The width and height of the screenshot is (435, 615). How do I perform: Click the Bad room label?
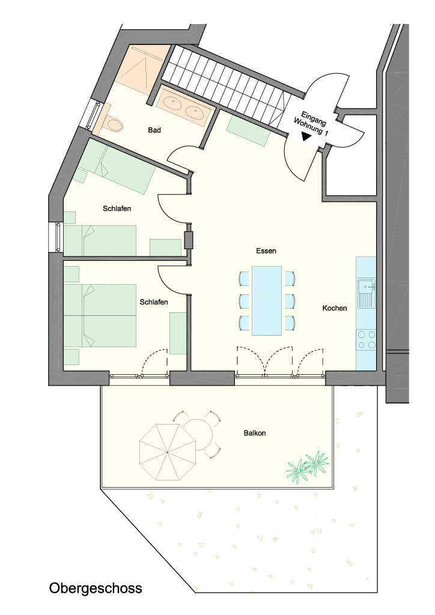(154, 130)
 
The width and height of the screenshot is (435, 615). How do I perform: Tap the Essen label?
(266, 250)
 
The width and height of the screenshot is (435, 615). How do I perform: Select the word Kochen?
(335, 308)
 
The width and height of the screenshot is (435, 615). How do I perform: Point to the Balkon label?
(255, 433)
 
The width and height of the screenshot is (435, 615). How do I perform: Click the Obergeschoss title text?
(96, 589)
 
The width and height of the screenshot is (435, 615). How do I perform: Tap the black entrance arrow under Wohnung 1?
(306, 136)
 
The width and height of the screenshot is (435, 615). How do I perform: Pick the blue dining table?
(267, 301)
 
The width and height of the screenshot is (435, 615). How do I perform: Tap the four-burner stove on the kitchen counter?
(365, 340)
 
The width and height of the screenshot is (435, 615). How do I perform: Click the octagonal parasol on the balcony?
(168, 452)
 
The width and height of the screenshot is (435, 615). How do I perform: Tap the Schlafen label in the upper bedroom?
(117, 208)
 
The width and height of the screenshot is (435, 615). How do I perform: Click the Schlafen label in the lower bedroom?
(154, 302)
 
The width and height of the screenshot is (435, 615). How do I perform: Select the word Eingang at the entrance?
(314, 118)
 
